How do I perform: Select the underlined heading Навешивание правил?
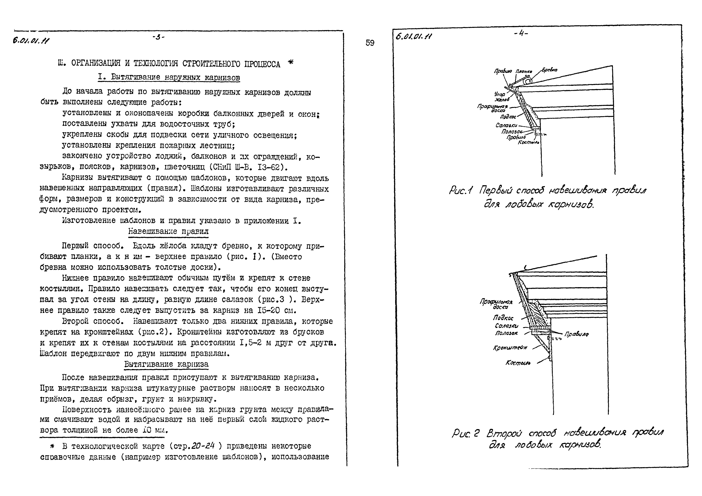168,231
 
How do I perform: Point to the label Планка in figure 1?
524,72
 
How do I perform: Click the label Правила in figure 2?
576,334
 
